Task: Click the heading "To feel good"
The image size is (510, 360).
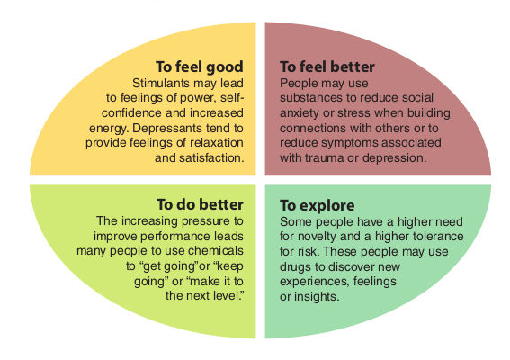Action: pos(200,67)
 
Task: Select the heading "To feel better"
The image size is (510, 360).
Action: pos(327,67)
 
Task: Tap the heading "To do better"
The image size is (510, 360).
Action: pos(200,204)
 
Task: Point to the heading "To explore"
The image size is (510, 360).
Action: pos(318,206)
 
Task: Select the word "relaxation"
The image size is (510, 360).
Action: pos(217,143)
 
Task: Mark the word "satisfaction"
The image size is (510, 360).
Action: pos(210,158)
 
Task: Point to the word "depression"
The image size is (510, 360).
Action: pos(394,158)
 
